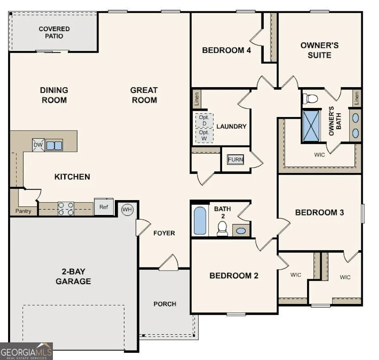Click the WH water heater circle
point(127,210)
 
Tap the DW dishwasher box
point(38,145)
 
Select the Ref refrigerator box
point(104,207)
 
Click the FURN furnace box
point(235,160)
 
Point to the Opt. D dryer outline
point(204,120)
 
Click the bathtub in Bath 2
point(200,221)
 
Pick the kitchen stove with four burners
point(66,208)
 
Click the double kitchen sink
point(54,145)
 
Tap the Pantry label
point(23,211)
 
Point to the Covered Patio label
point(54,33)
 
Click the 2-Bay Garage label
point(73,276)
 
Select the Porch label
point(165,304)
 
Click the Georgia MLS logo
point(27,351)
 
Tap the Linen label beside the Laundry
point(197,99)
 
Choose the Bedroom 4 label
point(226,50)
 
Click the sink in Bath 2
point(242,230)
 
